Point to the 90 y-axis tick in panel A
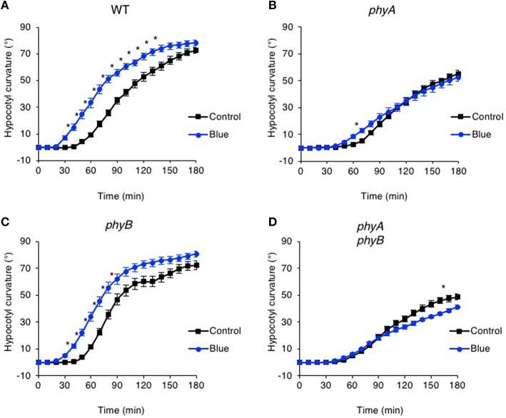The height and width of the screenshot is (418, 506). pyautogui.click(x=26, y=28)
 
